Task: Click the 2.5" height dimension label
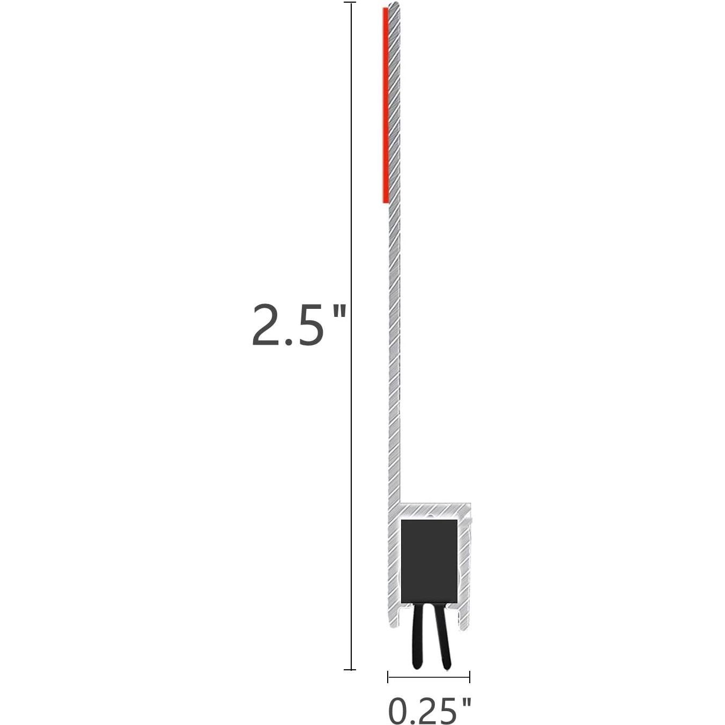point(298,325)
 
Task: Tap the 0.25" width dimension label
point(429,711)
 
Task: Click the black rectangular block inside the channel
point(429,561)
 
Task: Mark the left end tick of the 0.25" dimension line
point(388,677)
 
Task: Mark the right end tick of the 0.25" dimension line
point(470,677)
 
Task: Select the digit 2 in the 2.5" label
point(268,325)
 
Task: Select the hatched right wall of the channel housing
point(464,568)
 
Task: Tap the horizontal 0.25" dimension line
point(429,677)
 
